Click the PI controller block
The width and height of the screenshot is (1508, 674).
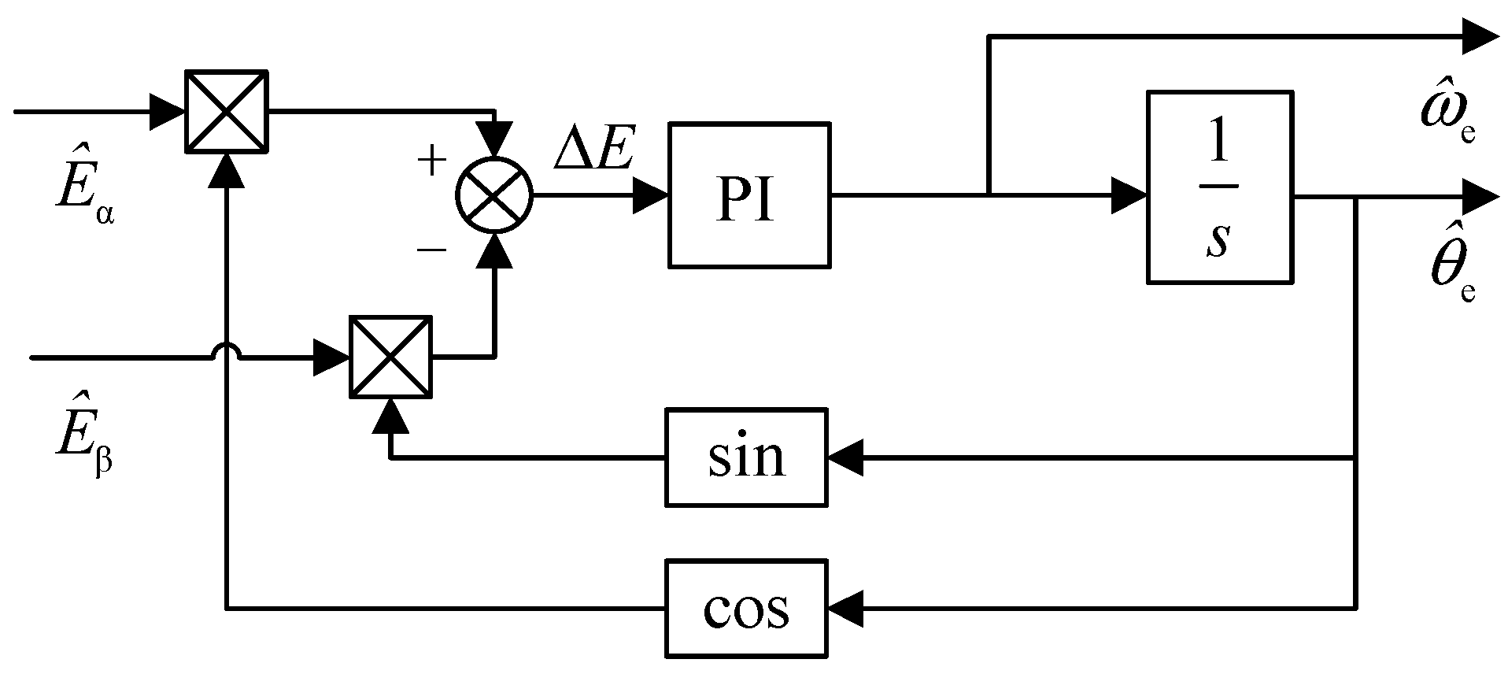748,194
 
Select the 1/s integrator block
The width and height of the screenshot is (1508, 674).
1219,187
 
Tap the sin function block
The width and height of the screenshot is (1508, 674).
746,457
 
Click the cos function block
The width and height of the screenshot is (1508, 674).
746,609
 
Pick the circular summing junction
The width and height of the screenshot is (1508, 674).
494,194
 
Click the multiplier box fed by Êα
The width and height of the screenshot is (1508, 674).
227,111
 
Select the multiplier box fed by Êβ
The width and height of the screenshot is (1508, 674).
391,357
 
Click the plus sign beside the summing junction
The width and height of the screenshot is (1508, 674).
431,161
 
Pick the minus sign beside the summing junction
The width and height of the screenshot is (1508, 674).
431,250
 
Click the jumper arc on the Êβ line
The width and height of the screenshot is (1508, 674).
227,354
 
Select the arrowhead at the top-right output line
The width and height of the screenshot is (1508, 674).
1480,36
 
